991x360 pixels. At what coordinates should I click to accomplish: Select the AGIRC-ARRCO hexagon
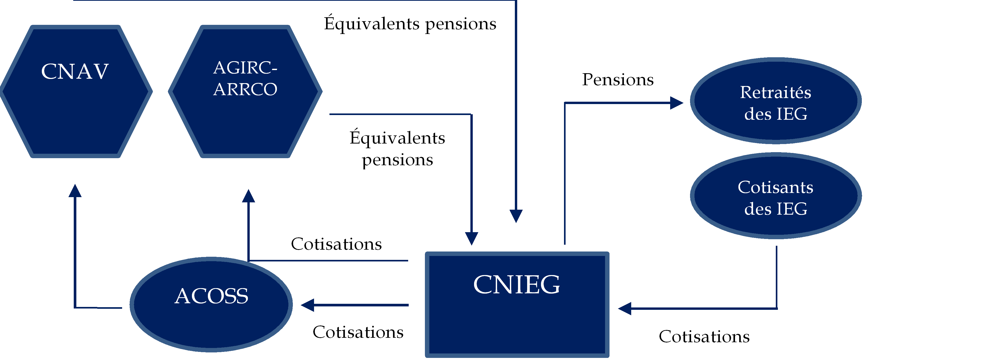pos(245,92)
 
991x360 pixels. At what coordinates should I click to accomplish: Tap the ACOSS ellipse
pos(211,304)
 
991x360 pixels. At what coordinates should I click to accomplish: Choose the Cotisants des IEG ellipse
pos(776,196)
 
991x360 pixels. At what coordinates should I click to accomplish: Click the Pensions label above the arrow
pos(617,80)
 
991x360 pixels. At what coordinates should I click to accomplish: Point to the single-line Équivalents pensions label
pos(410,24)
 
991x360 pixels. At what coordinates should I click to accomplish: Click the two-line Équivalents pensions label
pos(397,149)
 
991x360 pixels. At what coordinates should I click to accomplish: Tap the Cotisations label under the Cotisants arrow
pos(704,336)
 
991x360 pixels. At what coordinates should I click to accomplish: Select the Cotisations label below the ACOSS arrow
pos(358,332)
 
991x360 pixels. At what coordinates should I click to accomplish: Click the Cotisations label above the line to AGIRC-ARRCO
pos(336,244)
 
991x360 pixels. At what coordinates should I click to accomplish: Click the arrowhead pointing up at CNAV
pos(75,191)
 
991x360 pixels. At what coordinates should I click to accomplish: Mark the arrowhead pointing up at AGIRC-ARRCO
pos(248,196)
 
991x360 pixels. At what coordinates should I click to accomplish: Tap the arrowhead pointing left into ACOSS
pos(308,305)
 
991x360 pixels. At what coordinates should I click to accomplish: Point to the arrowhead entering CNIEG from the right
pos(625,308)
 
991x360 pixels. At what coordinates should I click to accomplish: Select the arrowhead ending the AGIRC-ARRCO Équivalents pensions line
pos(472,238)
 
